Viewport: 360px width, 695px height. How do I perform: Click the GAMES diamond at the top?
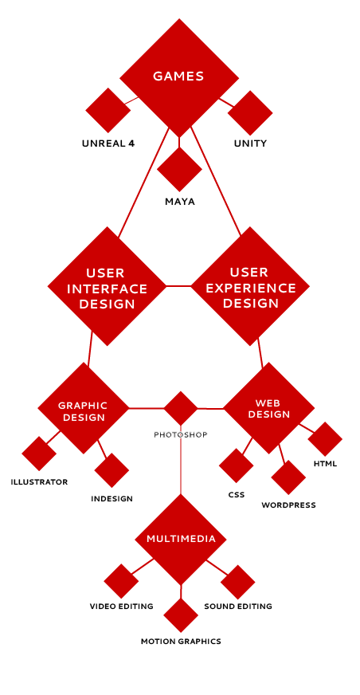[x=179, y=78]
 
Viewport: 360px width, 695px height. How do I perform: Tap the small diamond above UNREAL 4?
[x=108, y=110]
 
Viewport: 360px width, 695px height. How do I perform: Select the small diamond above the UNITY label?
[x=250, y=113]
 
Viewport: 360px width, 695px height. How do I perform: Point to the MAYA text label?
[x=180, y=202]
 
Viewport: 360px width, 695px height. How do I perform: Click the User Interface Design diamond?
[x=107, y=286]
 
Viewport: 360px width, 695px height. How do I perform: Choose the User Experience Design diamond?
[x=250, y=286]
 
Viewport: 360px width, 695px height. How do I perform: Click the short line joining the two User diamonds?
[x=178, y=286]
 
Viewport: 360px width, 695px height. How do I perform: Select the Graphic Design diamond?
[x=84, y=408]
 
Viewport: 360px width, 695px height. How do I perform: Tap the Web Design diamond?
[x=268, y=408]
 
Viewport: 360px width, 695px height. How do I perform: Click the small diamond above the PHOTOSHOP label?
[x=181, y=408]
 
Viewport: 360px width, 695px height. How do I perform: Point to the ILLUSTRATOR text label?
[x=39, y=482]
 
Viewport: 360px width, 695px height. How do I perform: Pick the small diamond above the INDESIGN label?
[x=112, y=470]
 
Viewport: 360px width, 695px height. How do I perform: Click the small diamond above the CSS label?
[x=236, y=465]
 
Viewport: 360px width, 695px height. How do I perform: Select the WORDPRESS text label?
[x=288, y=505]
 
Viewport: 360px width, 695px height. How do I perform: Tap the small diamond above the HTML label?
[x=325, y=439]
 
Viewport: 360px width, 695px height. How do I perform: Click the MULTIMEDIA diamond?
[x=181, y=540]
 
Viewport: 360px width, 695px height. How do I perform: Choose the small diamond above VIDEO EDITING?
[x=121, y=581]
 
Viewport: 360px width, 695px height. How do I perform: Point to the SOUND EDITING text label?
[x=238, y=607]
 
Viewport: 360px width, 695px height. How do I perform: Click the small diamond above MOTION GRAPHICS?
[x=181, y=615]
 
